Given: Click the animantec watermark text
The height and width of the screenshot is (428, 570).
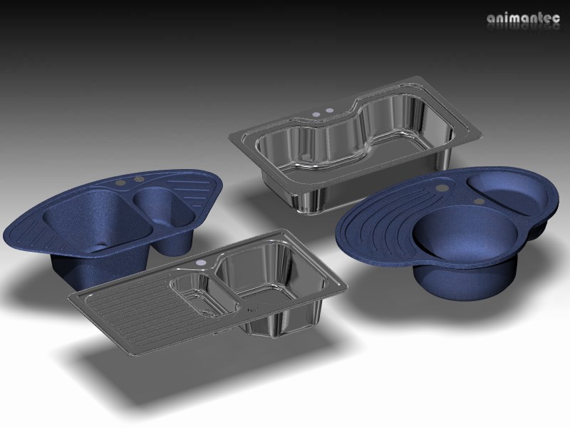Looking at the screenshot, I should click(524, 19).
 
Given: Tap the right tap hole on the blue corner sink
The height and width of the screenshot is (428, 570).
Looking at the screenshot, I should click(139, 177).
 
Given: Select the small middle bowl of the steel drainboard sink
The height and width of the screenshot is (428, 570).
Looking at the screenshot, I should click(200, 294).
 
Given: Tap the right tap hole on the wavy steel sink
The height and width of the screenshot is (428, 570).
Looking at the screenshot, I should click(330, 111).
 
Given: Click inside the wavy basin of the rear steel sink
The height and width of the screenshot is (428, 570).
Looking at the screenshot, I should click(342, 146).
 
